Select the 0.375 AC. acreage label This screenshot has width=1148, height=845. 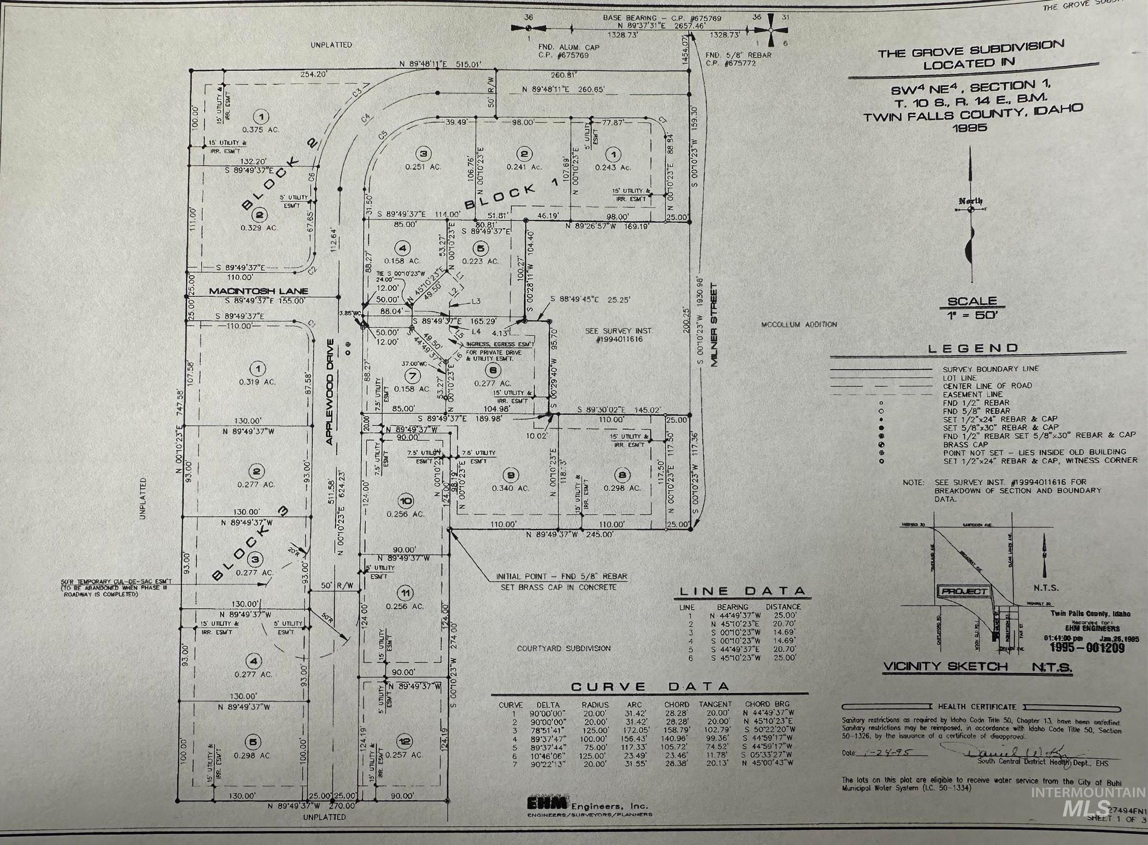(x=261, y=129)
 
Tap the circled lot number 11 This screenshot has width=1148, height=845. (x=405, y=593)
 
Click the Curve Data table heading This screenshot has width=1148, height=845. (x=650, y=686)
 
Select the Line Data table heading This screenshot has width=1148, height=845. (x=742, y=591)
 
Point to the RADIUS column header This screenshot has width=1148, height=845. (x=595, y=704)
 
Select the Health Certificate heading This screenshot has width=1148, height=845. (x=977, y=706)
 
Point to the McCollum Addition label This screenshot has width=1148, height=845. (x=799, y=324)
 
